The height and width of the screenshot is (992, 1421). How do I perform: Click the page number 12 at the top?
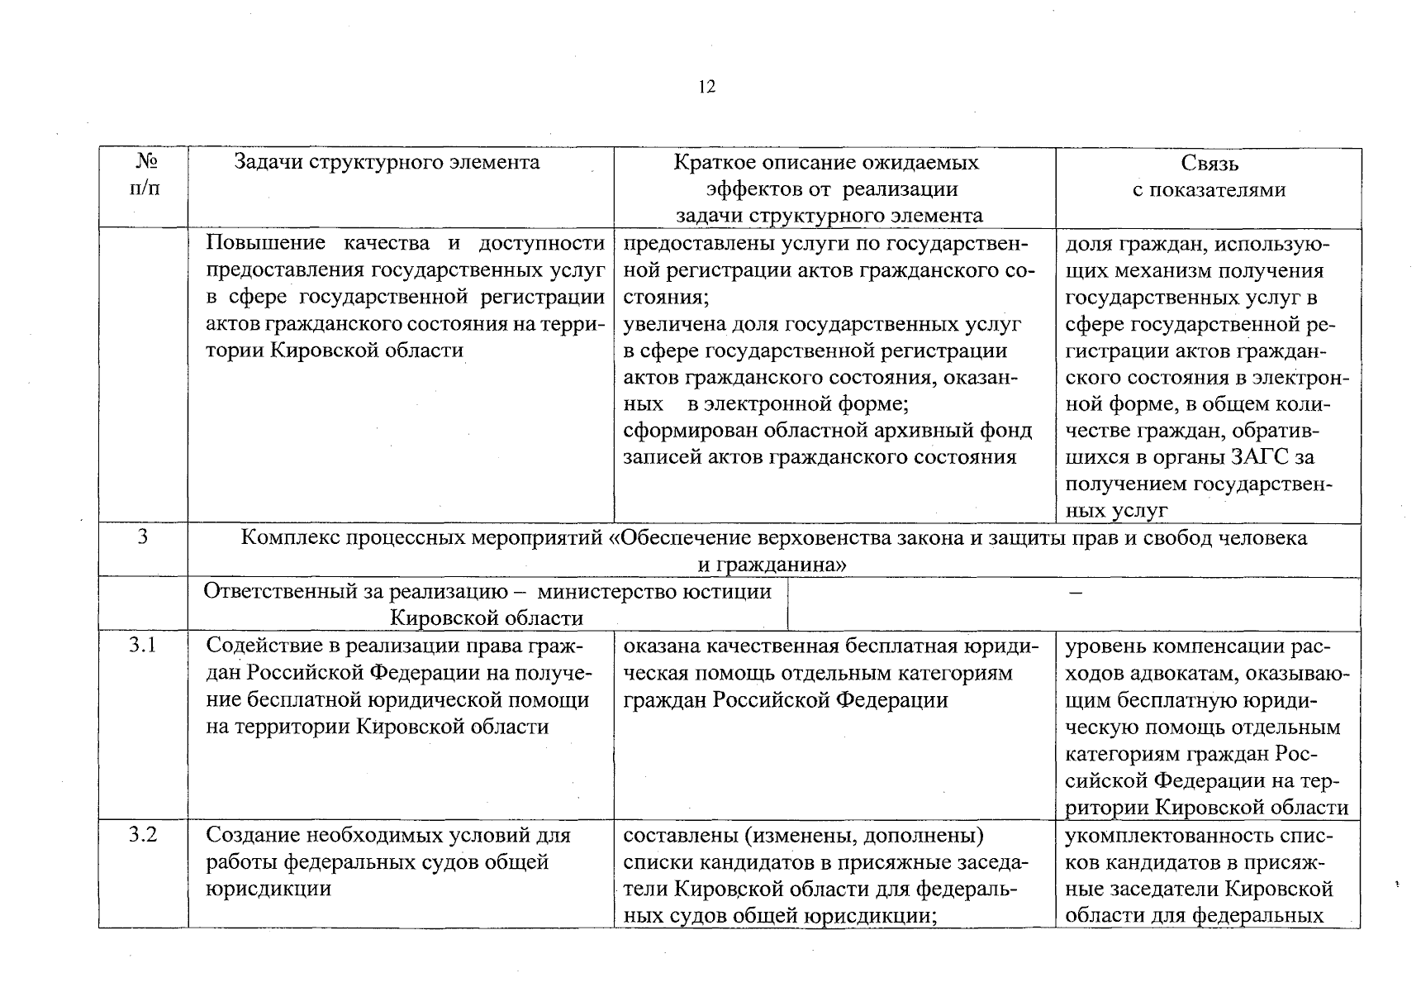tap(707, 87)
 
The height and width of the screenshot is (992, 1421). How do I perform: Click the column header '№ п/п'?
tap(145, 175)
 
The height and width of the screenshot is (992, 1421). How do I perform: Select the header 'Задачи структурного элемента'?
tap(387, 162)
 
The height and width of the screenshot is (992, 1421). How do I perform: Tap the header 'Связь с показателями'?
tap(1209, 176)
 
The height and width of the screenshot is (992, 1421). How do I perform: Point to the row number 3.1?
tap(143, 645)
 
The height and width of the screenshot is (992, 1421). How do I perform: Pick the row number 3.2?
tap(143, 834)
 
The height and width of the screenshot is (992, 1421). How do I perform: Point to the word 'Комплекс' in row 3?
tap(289, 538)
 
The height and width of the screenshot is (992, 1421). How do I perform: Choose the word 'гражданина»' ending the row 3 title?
tap(772, 565)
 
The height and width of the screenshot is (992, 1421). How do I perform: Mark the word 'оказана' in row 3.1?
tap(661, 646)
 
